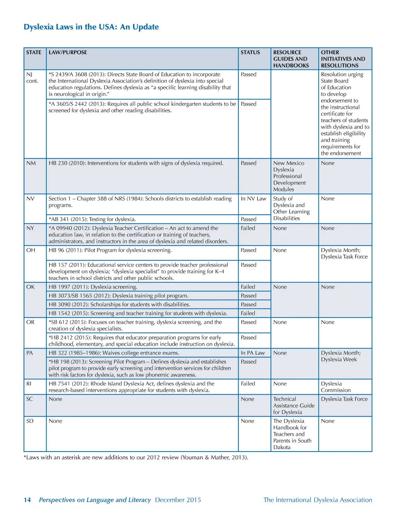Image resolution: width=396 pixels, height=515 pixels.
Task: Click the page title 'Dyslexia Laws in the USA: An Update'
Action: click(x=91, y=27)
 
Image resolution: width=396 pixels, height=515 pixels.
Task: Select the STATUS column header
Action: click(x=250, y=52)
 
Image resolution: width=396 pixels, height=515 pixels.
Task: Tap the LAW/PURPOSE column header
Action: click(x=68, y=52)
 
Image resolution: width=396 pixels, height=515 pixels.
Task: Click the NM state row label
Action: click(x=31, y=163)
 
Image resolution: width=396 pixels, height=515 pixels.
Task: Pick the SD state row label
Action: click(x=30, y=421)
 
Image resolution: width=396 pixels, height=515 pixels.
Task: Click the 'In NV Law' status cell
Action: click(x=253, y=199)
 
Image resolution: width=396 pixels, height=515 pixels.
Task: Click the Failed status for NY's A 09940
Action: click(x=248, y=228)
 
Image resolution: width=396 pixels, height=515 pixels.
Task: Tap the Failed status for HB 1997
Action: click(x=248, y=287)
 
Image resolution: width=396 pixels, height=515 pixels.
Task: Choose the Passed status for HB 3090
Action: click(x=248, y=304)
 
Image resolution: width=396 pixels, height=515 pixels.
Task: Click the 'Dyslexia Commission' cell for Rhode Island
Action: click(x=336, y=387)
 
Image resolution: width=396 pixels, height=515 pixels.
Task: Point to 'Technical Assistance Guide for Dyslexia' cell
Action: click(x=294, y=405)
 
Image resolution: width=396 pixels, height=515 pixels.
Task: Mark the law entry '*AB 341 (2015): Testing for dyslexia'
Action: click(x=92, y=219)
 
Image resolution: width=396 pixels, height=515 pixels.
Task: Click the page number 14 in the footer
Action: click(x=27, y=500)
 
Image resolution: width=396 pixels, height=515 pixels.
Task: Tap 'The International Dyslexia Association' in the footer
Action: click(x=317, y=500)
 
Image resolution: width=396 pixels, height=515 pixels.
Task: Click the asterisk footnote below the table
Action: click(x=136, y=457)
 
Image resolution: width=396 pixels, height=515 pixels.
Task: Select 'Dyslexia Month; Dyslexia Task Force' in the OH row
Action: click(x=344, y=253)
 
